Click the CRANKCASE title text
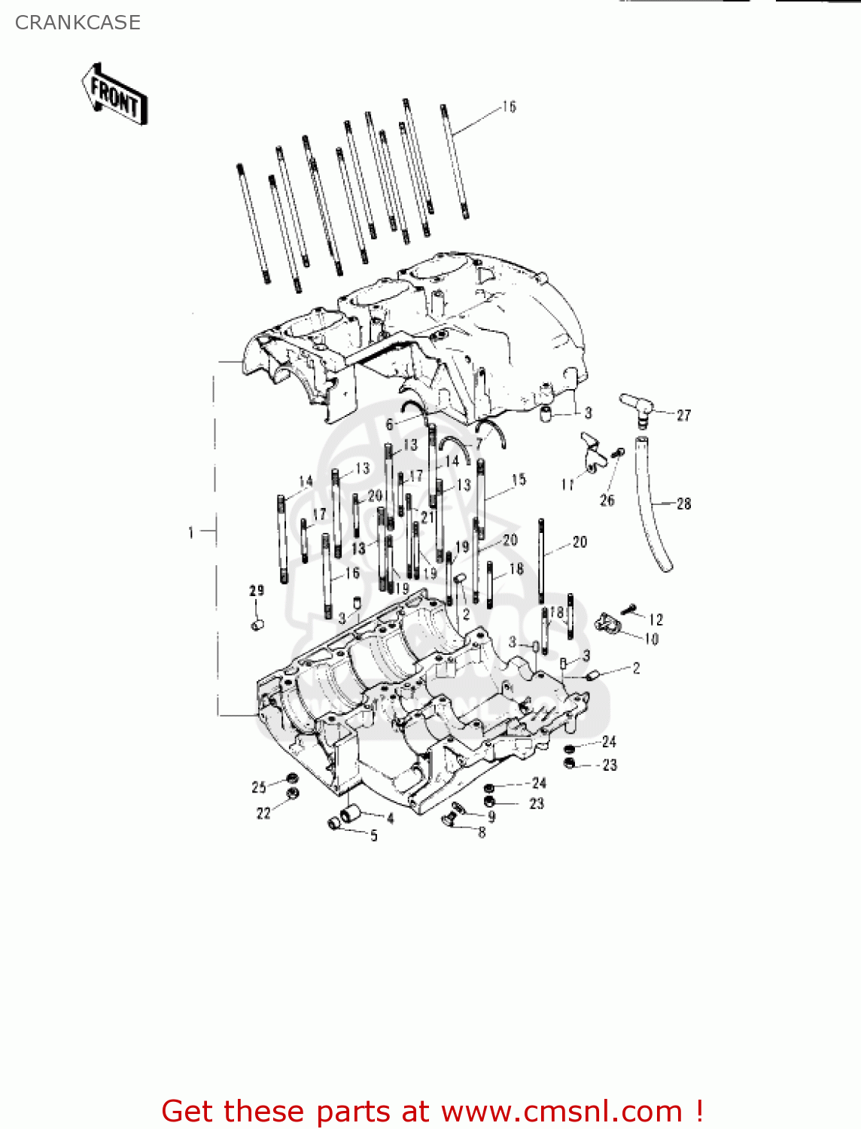click(x=78, y=23)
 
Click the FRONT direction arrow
click(x=114, y=95)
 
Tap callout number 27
click(x=683, y=415)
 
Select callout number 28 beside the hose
click(x=683, y=504)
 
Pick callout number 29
click(x=257, y=591)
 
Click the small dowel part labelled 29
click(x=257, y=624)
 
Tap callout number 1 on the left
click(x=191, y=533)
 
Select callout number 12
click(x=656, y=619)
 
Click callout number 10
click(x=651, y=639)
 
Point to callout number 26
click(x=607, y=501)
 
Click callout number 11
click(x=567, y=485)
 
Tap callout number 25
click(x=259, y=787)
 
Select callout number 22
click(x=263, y=813)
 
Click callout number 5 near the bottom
click(x=374, y=835)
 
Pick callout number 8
click(x=482, y=832)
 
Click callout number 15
click(x=519, y=479)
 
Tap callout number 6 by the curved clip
click(x=390, y=425)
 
